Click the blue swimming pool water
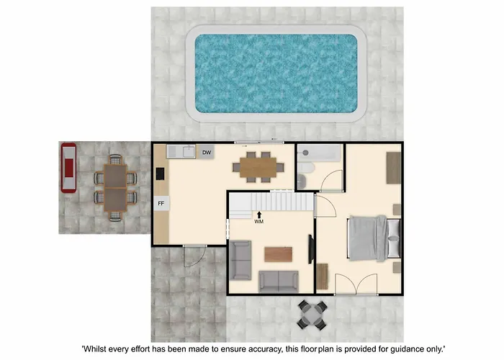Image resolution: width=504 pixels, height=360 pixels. tap(276, 73)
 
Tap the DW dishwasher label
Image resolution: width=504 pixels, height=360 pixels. tap(207, 153)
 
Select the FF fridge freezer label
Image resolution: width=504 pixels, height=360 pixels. tap(161, 204)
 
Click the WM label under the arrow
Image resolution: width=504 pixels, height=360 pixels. tap(259, 222)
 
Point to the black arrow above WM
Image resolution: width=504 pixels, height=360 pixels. tap(259, 215)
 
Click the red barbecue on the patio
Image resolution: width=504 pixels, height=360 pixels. tap(69, 168)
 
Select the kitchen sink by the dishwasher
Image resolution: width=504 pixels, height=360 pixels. tap(189, 152)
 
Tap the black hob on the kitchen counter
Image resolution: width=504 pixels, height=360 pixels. tap(160, 174)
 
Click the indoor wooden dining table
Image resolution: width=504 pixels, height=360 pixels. tap(258, 168)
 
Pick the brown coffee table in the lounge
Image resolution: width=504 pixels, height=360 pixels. tap(279, 254)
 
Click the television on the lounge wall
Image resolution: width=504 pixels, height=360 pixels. tap(311, 249)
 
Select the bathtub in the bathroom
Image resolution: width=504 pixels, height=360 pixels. tap(318, 153)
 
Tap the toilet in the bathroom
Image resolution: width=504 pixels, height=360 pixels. tap(306, 168)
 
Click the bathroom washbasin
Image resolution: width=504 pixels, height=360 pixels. tap(302, 181)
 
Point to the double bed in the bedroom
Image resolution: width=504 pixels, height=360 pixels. tap(374, 238)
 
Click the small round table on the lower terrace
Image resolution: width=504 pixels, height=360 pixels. tap(312, 315)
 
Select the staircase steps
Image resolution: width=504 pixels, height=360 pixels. tap(271, 202)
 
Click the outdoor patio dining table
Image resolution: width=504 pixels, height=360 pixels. tap(115, 188)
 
